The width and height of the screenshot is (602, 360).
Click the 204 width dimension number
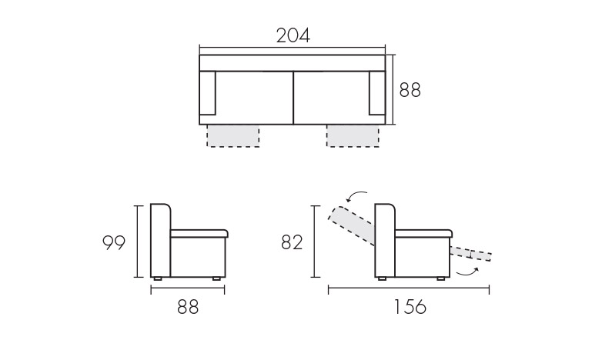[x=293, y=35]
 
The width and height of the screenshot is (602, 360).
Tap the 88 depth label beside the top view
[x=410, y=90]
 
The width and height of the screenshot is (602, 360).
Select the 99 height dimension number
[x=114, y=242]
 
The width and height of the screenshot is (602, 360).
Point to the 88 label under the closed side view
[x=188, y=307]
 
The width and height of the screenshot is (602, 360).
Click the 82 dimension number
[x=292, y=242]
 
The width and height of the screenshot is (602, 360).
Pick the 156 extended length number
[x=410, y=307]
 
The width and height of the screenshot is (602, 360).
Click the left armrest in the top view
[x=208, y=93]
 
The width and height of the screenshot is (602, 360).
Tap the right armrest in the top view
[x=377, y=93]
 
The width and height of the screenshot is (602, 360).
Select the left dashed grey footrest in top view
[x=233, y=136]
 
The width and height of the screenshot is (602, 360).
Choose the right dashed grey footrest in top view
[x=353, y=136]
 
